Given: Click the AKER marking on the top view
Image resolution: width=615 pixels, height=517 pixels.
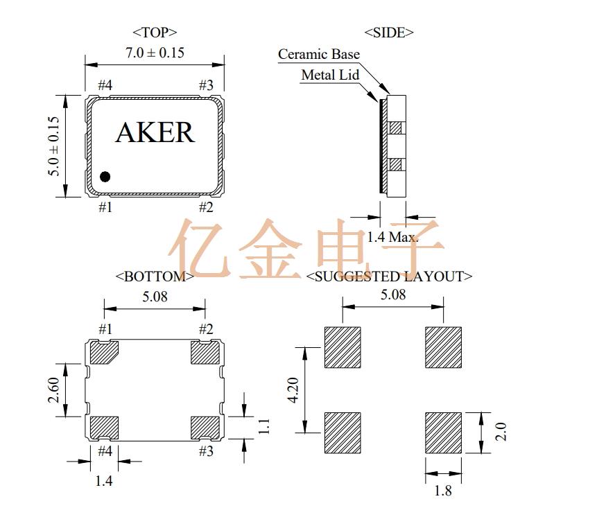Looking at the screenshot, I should click(155, 132).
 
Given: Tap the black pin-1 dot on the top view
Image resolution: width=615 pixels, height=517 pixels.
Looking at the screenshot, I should click(105, 177).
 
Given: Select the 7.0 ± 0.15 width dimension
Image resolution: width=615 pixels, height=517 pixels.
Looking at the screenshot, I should click(155, 53).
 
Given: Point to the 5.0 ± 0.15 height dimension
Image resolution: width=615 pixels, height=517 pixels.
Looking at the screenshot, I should click(54, 146).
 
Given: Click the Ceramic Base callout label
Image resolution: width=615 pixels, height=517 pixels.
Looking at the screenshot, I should click(319, 54).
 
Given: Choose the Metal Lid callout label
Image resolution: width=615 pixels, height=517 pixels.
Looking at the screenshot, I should click(330, 75).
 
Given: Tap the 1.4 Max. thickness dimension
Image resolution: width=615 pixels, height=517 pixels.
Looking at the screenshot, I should click(392, 237).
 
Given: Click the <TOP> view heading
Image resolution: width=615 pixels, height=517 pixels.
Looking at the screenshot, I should click(155, 32).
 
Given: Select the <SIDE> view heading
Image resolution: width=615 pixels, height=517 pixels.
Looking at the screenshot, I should click(389, 32).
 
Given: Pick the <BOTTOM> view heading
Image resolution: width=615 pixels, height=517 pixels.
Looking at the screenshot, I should click(155, 276).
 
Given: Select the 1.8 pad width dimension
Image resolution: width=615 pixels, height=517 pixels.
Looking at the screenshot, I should click(442, 491).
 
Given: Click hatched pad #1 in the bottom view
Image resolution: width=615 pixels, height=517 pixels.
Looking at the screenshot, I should click(105, 353).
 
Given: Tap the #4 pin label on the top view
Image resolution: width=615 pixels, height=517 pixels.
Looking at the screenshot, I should click(105, 85).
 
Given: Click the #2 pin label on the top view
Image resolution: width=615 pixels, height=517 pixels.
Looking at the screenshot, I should click(206, 207).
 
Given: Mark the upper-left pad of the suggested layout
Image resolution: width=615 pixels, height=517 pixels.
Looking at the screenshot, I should click(342, 347).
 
